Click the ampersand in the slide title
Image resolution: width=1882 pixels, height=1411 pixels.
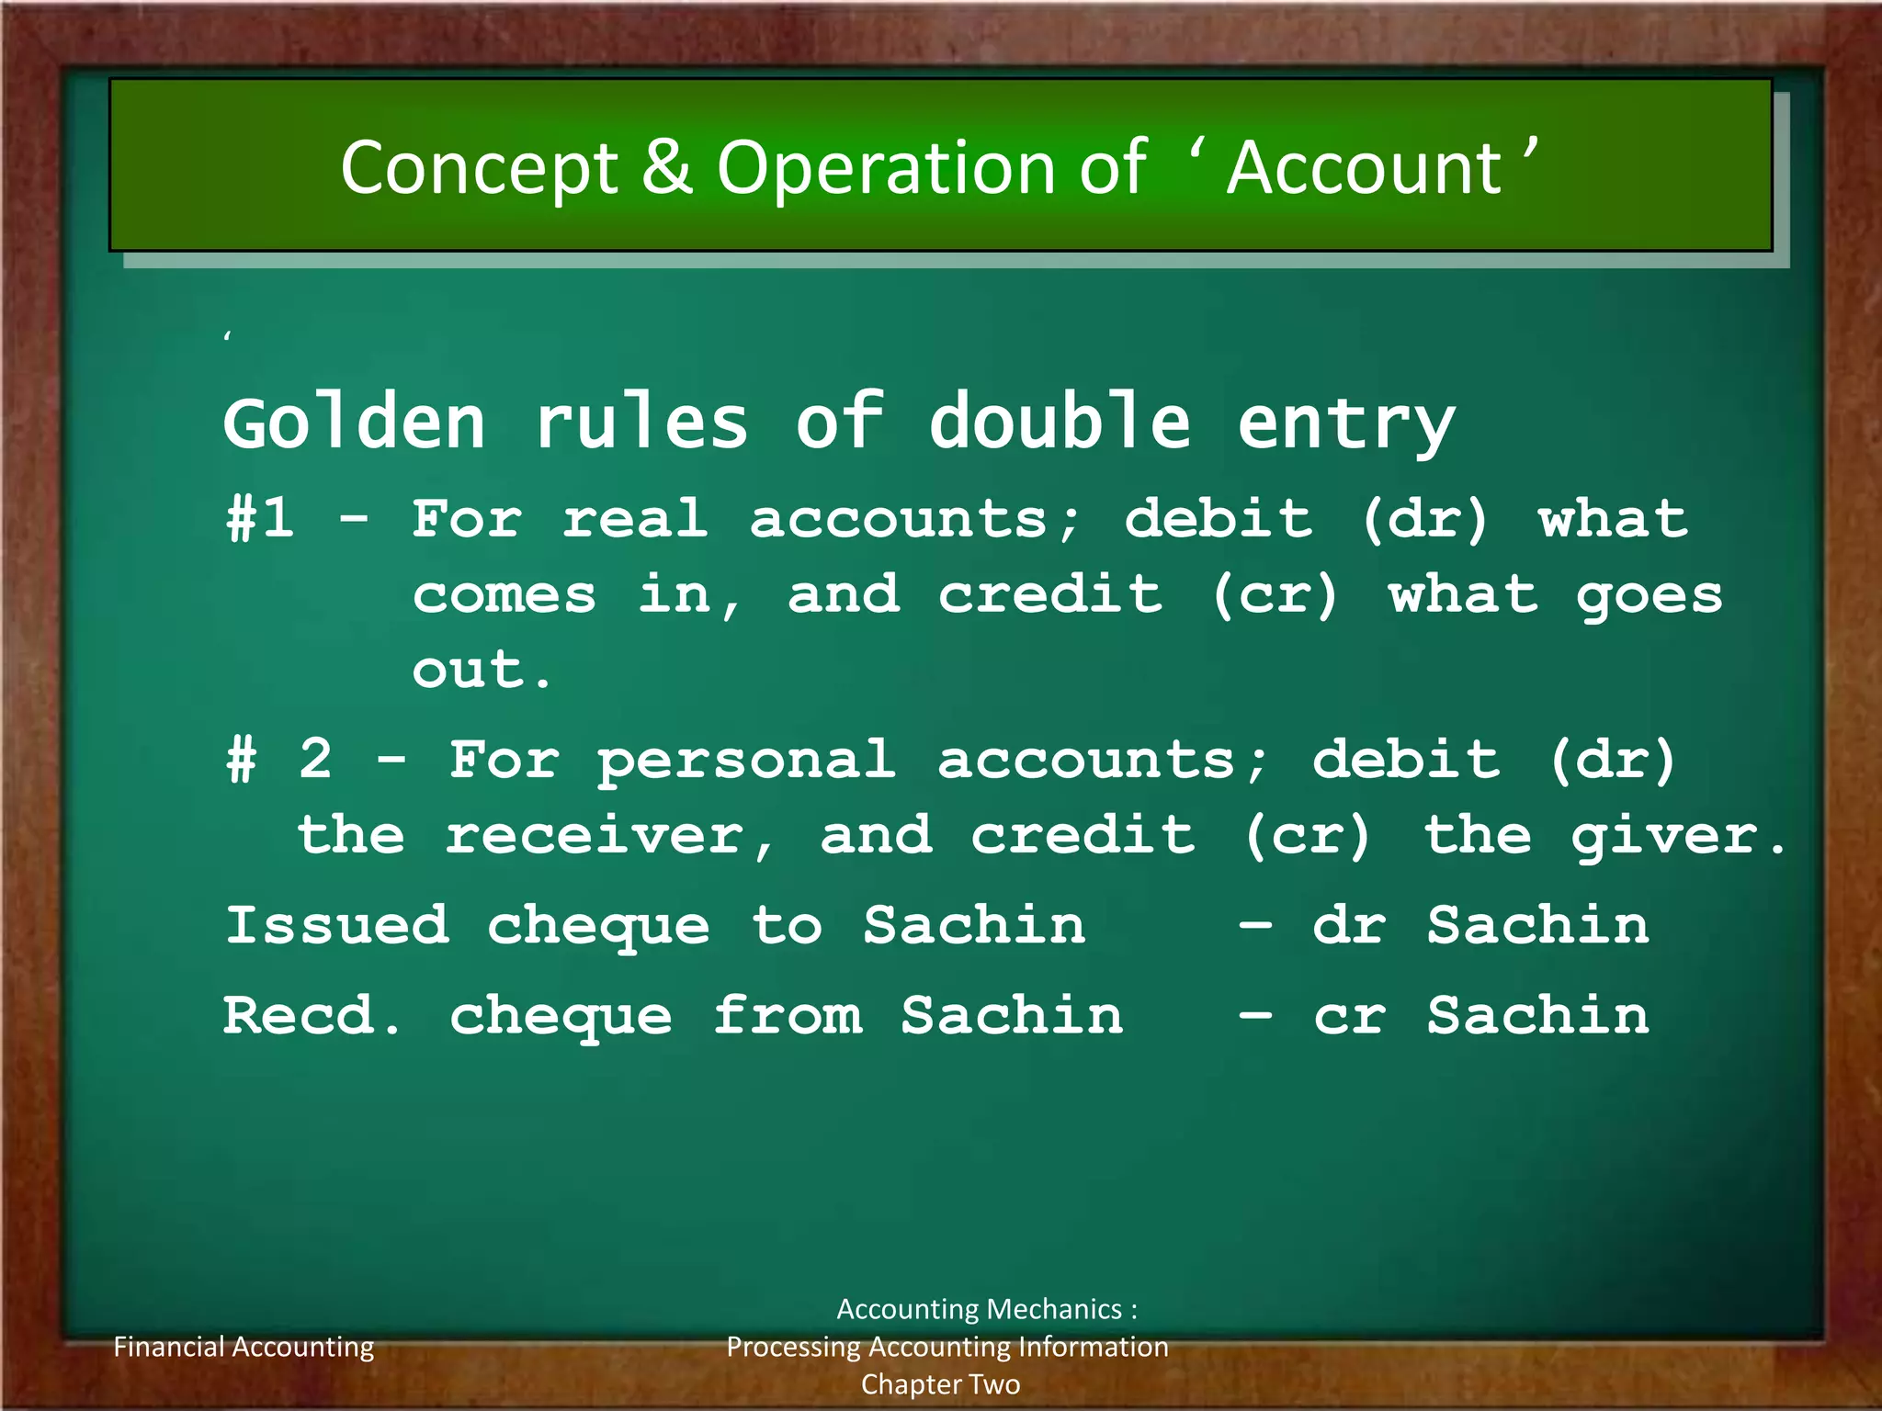click(x=666, y=168)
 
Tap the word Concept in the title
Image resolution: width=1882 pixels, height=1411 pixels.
click(x=479, y=170)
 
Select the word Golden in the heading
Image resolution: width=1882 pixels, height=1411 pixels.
click(x=354, y=424)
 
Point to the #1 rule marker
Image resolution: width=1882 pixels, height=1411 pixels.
click(x=260, y=519)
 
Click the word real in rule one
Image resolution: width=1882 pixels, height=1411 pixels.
click(x=635, y=519)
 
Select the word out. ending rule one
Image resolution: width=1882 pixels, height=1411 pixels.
click(x=481, y=671)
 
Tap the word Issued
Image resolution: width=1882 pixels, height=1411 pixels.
click(x=337, y=925)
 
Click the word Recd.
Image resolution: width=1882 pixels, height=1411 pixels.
click(x=312, y=1016)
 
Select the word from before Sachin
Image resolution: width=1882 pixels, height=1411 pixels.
click(x=788, y=1016)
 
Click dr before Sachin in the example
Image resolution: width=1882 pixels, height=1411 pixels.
click(x=1348, y=925)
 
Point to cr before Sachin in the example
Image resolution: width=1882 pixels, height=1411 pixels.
click(x=1348, y=1017)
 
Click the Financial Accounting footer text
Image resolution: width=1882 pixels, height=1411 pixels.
click(x=244, y=1347)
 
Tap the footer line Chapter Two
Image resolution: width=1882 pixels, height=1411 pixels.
click(x=940, y=1384)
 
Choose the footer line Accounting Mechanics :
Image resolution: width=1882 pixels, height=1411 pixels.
click(x=986, y=1309)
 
